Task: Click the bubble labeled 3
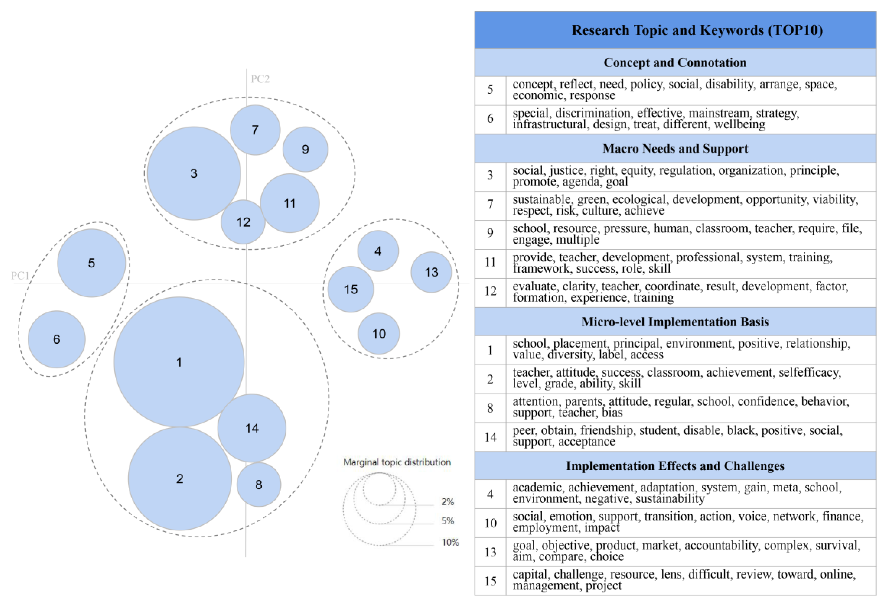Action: (194, 173)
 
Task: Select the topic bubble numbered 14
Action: (252, 428)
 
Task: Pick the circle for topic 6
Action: (57, 339)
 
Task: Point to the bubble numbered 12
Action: (243, 222)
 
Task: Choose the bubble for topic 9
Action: (305, 149)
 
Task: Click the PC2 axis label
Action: (260, 79)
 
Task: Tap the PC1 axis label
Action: (20, 276)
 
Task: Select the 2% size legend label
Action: (447, 502)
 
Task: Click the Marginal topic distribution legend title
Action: (397, 462)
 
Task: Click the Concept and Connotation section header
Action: (675, 63)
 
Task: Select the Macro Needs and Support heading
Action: (675, 149)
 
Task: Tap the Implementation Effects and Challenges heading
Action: (675, 466)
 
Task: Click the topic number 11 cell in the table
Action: (490, 262)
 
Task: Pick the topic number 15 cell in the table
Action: (490, 581)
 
